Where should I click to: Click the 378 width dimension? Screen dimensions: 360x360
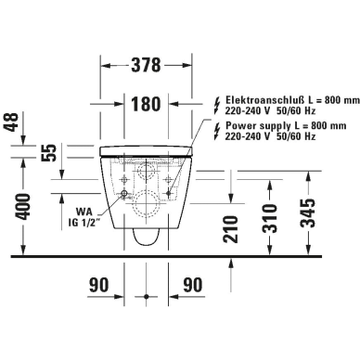click(x=146, y=65)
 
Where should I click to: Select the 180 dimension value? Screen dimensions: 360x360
click(x=146, y=104)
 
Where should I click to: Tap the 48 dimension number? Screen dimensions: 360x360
click(x=13, y=122)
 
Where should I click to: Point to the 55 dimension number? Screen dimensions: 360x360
click(x=49, y=152)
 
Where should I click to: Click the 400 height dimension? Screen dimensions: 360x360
click(x=23, y=207)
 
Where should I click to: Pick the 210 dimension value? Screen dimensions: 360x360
click(x=231, y=229)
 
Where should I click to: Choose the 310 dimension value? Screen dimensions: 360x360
click(x=269, y=218)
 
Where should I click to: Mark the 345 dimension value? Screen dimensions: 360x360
click(x=307, y=213)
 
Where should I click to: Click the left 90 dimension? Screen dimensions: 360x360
click(x=99, y=285)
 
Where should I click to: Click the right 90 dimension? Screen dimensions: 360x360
click(x=192, y=285)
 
